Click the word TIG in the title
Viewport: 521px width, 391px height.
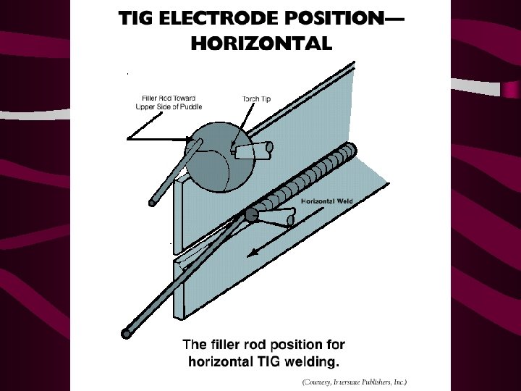(137, 19)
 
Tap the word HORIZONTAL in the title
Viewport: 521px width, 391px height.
(260, 43)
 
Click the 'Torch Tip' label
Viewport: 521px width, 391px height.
(256, 98)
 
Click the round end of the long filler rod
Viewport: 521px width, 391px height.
(127, 333)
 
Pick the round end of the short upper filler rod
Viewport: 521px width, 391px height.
(153, 201)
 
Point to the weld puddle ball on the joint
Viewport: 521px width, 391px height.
(252, 214)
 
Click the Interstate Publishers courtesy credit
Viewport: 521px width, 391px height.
(355, 381)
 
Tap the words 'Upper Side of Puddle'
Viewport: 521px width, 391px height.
(169, 106)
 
